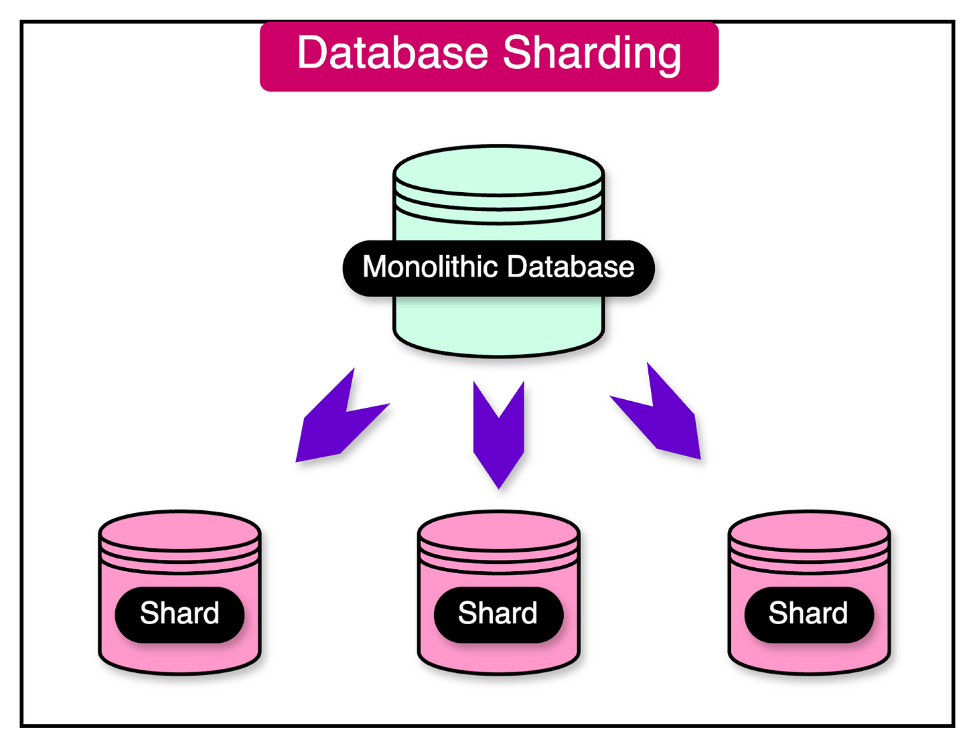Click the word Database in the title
tap(392, 53)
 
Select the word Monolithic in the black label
tap(430, 267)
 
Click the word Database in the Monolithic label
tap(570, 267)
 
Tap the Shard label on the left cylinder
tap(179, 613)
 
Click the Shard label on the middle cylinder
tap(498, 613)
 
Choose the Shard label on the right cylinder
tap(808, 613)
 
